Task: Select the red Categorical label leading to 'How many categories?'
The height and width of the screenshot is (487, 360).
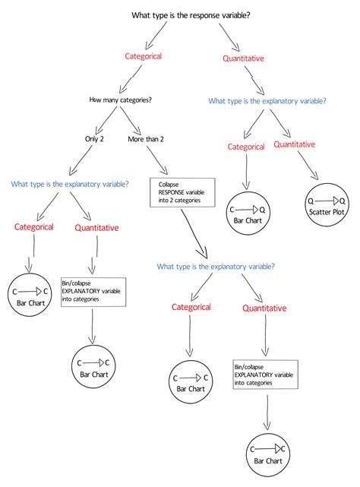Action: click(x=144, y=55)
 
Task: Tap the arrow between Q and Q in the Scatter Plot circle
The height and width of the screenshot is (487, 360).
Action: click(x=327, y=200)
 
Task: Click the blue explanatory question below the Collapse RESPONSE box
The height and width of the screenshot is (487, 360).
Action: click(x=216, y=267)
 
